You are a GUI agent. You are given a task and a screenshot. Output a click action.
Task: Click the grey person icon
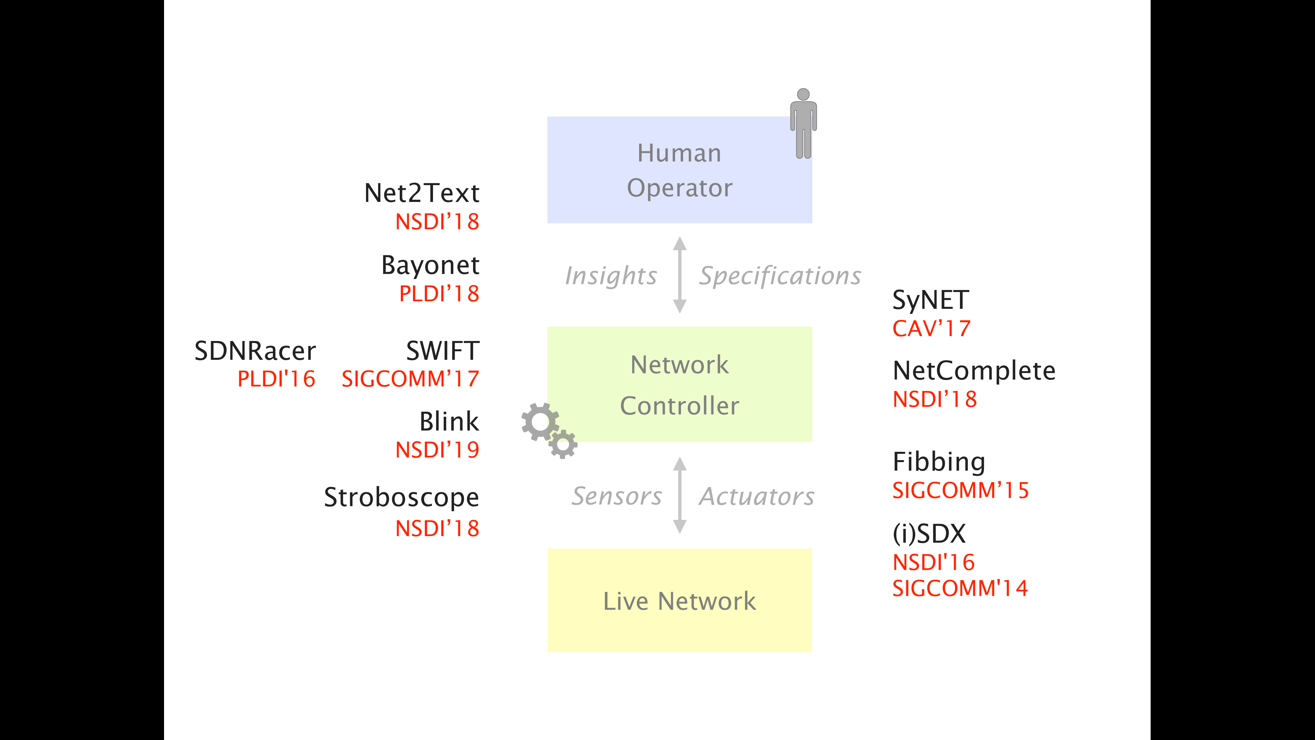click(x=803, y=123)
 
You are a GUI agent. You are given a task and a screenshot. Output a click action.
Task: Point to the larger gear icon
click(x=539, y=422)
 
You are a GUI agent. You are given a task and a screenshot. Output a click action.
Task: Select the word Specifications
click(x=779, y=276)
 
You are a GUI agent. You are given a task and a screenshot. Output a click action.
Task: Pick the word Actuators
click(x=756, y=496)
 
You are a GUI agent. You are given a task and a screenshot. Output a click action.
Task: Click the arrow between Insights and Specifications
click(x=680, y=275)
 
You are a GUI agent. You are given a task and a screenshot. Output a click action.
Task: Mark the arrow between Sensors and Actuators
click(x=680, y=495)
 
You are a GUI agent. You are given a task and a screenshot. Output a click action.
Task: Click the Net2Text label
click(x=422, y=193)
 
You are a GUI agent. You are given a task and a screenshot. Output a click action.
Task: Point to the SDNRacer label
click(x=255, y=351)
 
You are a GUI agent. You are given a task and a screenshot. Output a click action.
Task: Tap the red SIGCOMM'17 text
click(x=410, y=379)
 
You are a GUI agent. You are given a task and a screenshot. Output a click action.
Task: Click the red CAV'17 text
click(x=931, y=328)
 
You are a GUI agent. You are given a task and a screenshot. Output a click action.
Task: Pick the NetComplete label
click(x=973, y=370)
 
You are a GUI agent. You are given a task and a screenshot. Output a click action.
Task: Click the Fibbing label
click(x=939, y=462)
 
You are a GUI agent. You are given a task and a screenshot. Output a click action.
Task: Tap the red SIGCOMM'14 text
click(x=960, y=588)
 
